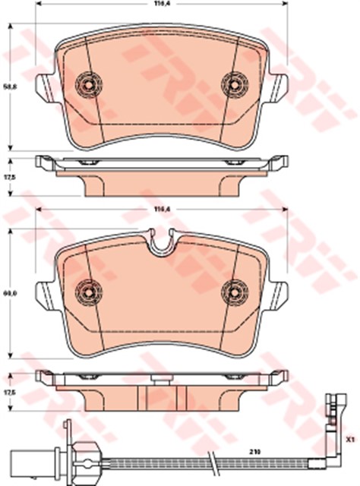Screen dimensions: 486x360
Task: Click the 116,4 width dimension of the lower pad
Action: [159, 209]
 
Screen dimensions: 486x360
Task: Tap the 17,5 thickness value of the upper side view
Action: [10, 177]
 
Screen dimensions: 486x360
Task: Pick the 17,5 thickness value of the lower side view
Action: [10, 393]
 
